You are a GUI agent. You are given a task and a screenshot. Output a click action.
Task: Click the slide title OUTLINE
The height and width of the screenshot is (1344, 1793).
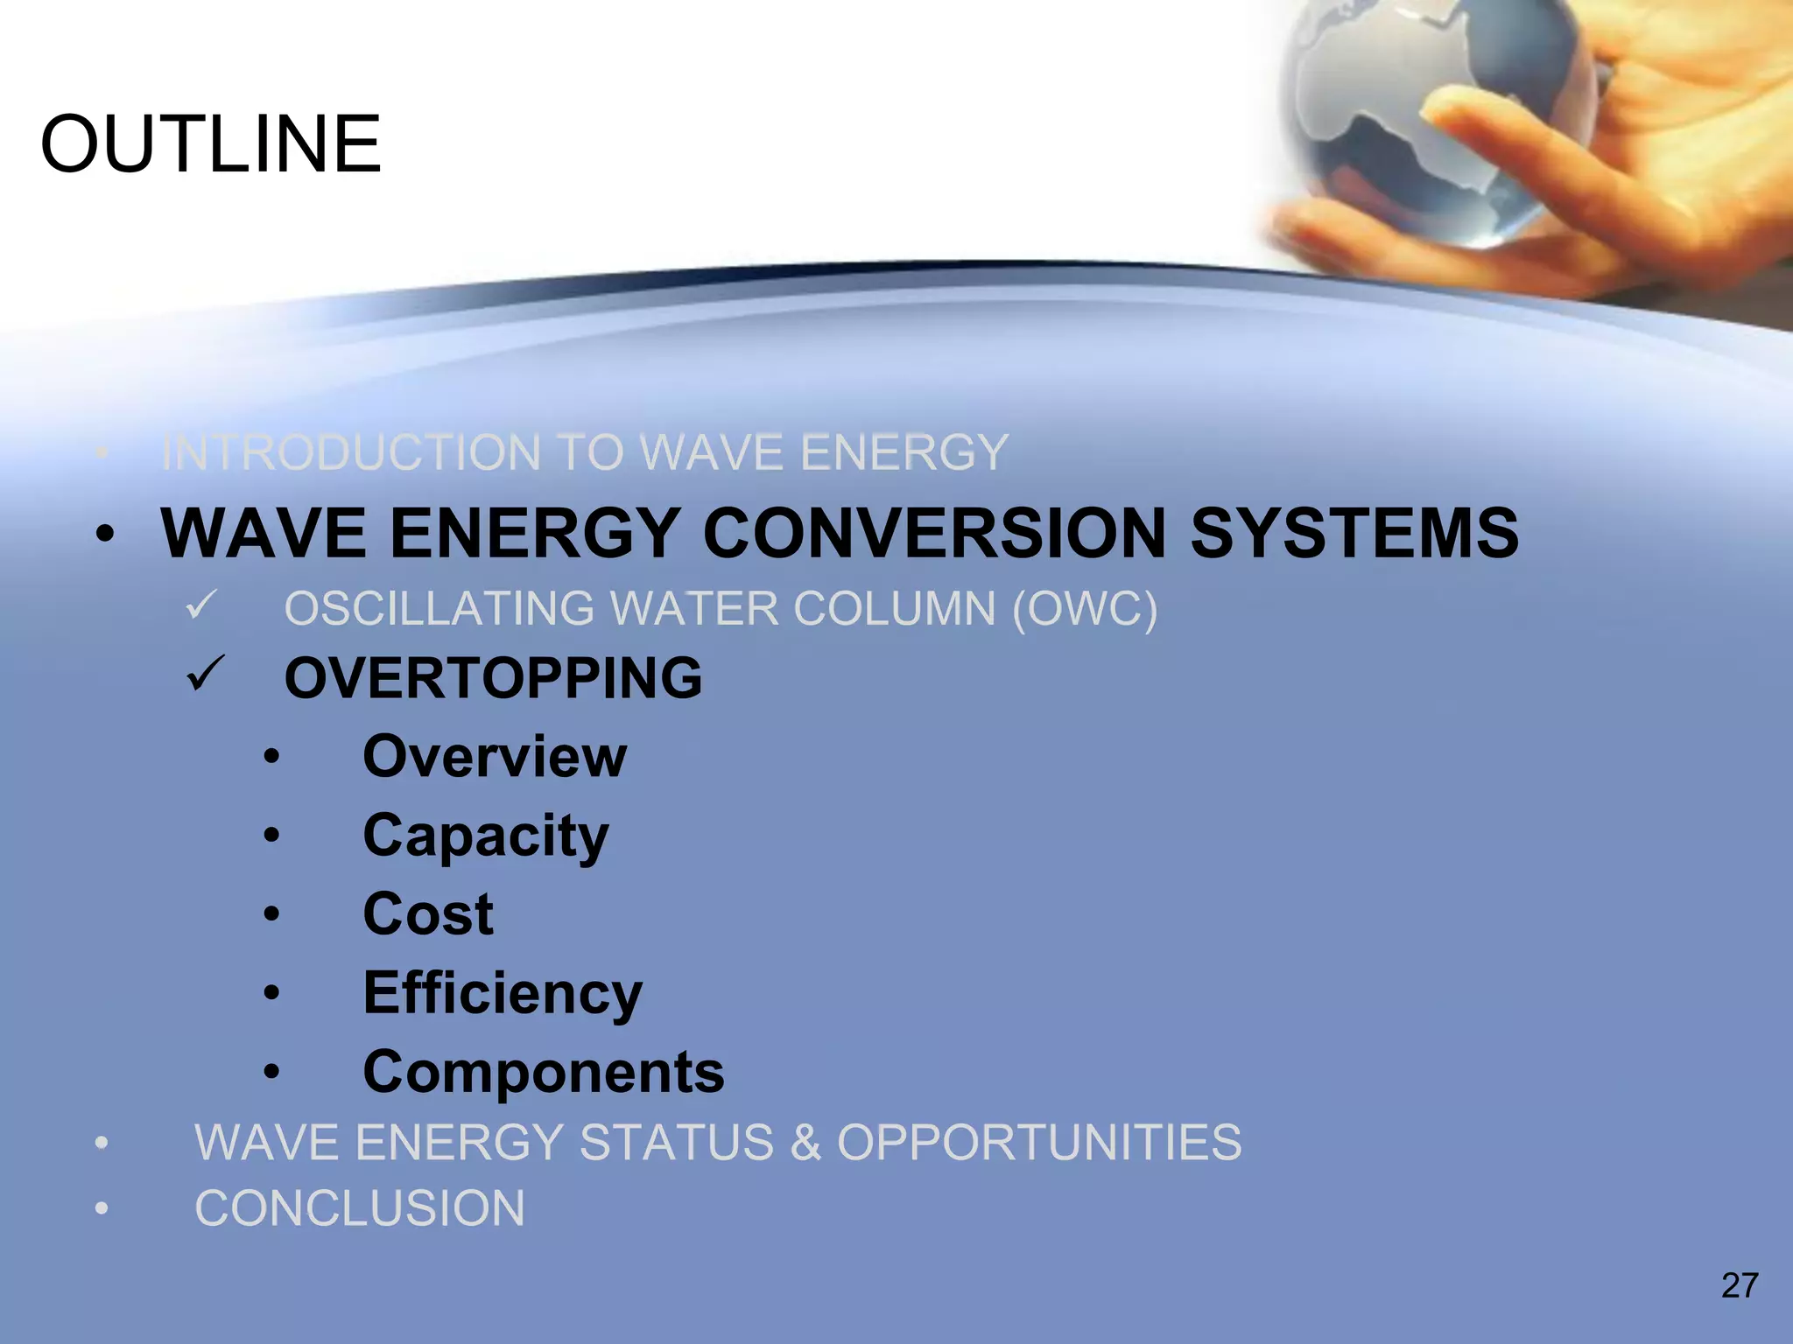[211, 144]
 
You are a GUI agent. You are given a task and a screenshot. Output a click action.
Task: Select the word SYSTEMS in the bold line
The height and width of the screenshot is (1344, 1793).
[1354, 534]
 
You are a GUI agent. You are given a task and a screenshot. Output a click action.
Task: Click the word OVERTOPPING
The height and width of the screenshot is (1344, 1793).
[493, 678]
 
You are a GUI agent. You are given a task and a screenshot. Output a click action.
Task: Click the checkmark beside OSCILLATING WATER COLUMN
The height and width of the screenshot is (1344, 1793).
[202, 605]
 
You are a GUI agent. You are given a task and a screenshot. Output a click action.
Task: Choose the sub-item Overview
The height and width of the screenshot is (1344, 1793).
[495, 757]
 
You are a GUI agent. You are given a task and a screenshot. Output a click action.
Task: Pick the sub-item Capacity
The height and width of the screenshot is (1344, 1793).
[486, 836]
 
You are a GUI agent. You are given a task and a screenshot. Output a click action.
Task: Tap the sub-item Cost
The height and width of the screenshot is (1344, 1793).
[428, 915]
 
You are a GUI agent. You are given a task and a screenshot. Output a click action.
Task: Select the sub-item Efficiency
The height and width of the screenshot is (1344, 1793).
[503, 994]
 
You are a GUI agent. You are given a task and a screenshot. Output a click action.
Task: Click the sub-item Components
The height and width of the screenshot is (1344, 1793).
[544, 1073]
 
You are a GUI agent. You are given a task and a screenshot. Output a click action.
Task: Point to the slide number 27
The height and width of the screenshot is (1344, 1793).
[1739, 1285]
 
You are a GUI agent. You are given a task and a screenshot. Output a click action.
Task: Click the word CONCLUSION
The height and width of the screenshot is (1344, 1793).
[360, 1209]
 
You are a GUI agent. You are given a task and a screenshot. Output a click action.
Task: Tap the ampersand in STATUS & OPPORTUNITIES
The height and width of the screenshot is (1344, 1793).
[805, 1143]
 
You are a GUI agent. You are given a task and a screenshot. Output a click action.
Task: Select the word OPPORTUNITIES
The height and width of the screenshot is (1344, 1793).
[1039, 1143]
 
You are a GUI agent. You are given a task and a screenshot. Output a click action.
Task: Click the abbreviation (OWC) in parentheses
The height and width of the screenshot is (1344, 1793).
[1085, 609]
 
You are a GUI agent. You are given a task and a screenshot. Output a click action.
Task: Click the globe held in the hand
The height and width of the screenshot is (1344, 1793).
[1436, 114]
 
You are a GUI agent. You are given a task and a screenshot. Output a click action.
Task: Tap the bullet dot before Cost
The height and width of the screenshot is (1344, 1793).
[272, 915]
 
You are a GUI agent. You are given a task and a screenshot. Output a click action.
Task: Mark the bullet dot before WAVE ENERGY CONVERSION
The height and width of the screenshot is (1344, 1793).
[105, 534]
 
